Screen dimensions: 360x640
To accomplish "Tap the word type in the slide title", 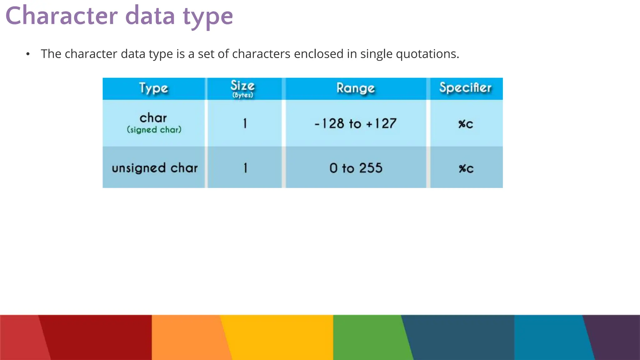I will click(x=208, y=17).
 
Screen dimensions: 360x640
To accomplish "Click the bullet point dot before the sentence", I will click(x=28, y=54).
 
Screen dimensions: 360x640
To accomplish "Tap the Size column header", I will click(x=242, y=86).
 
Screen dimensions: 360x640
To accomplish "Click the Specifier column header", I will click(x=465, y=88).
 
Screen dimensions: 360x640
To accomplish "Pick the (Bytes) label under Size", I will click(x=242, y=95).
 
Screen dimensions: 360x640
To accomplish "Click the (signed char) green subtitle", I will click(x=154, y=130).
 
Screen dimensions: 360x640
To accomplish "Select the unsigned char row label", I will click(x=155, y=168).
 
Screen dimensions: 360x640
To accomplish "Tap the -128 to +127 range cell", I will click(x=355, y=124).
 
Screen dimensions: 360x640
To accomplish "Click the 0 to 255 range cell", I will click(x=356, y=168).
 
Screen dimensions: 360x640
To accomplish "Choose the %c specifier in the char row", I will click(x=466, y=124).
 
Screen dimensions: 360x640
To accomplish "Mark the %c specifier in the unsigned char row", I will click(x=466, y=168).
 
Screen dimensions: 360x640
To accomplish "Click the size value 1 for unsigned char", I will click(x=245, y=168).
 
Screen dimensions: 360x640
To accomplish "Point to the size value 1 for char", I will click(x=245, y=123).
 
